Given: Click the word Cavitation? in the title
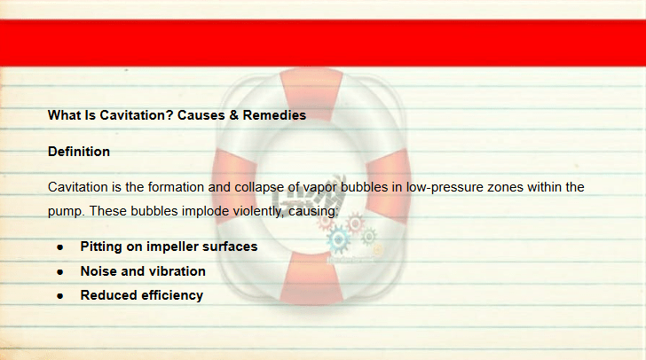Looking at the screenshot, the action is pos(137,115).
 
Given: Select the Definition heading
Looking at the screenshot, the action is pos(79,152).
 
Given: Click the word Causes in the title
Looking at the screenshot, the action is pos(201,115).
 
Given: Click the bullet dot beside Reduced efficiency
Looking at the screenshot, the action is pos(60,296).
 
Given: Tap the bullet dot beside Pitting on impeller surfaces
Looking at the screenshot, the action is pos(60,247).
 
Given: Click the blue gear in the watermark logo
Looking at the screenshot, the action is pos(339,239).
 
